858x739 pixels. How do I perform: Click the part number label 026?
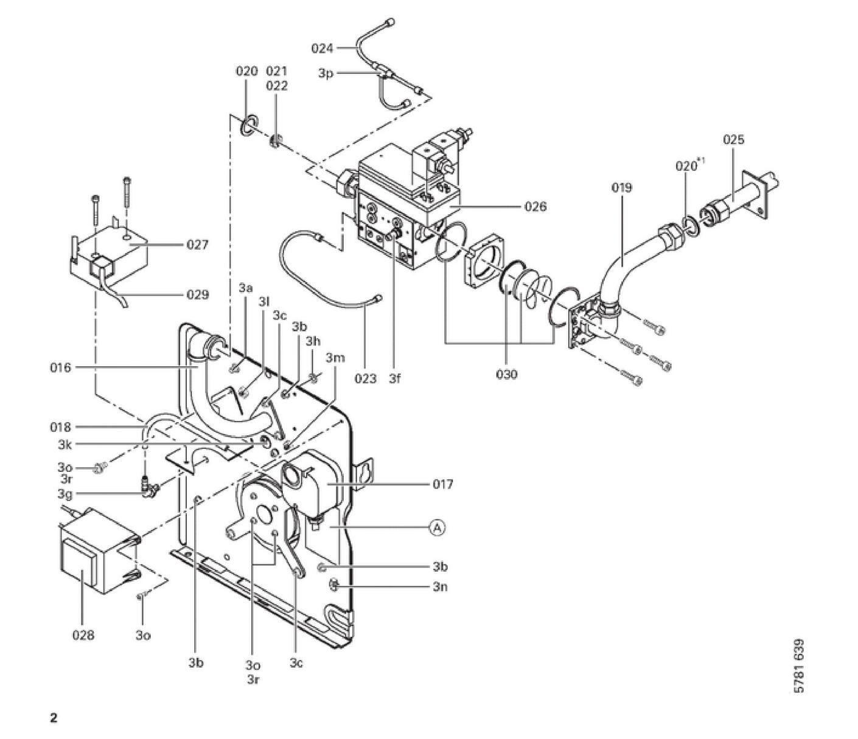(x=535, y=206)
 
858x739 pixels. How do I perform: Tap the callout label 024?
(x=322, y=49)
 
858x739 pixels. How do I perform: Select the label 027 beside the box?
(x=197, y=245)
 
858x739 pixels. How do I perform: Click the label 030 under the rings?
(x=507, y=374)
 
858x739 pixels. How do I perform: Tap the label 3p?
(x=326, y=74)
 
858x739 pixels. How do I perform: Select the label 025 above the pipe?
(x=733, y=139)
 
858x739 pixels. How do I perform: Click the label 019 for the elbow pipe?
(x=621, y=187)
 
